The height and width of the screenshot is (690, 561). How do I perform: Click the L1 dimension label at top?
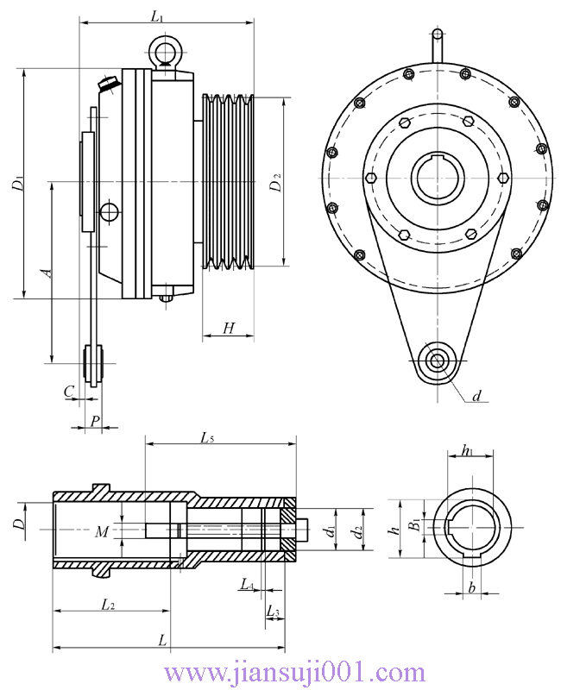tap(156, 16)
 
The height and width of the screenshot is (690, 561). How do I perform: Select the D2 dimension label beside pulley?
tap(275, 183)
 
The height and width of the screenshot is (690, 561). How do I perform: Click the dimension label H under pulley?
tap(228, 328)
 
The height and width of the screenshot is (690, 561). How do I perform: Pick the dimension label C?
tap(68, 391)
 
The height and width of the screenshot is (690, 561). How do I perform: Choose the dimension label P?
tap(95, 420)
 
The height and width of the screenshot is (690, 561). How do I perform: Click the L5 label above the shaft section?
tap(207, 438)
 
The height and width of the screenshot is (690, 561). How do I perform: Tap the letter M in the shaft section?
tap(102, 532)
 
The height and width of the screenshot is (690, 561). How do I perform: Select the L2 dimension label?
tap(108, 605)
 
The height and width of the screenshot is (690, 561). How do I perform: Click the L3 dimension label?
tap(273, 612)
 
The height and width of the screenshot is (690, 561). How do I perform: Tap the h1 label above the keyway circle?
tap(467, 450)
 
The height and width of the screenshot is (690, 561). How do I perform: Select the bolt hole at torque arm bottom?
tap(436, 360)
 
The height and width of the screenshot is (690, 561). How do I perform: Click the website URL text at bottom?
tap(293, 672)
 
